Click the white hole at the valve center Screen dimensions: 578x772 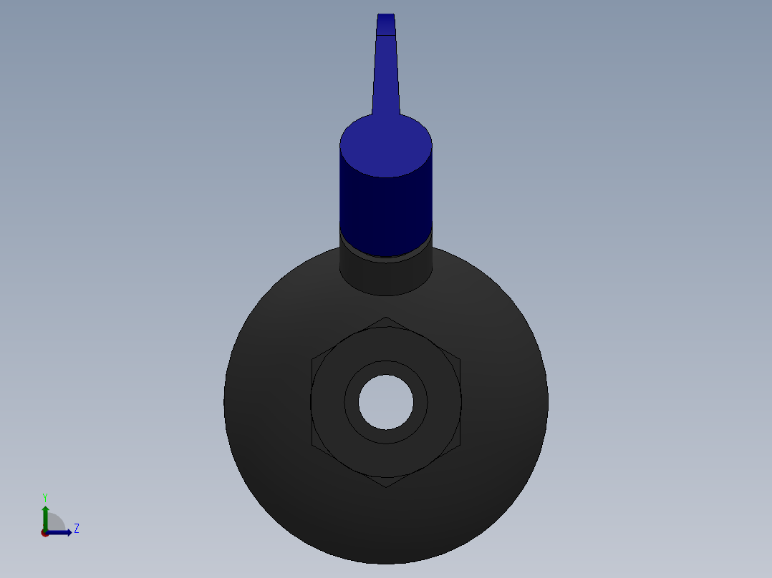coord(386,402)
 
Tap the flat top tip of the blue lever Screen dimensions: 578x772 coord(386,15)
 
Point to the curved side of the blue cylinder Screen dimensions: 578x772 coord(386,207)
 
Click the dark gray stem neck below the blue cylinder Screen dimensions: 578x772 coord(386,275)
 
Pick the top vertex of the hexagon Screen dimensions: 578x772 coord(386,317)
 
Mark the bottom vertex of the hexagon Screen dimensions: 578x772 coord(386,487)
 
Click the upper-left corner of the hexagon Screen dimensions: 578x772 coord(312,359)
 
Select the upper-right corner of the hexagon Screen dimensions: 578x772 coord(460,359)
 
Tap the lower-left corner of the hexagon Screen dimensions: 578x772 coord(312,445)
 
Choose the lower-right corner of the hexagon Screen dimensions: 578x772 coord(460,445)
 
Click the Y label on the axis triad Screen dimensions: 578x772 coord(45,497)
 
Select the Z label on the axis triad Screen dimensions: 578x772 coord(77,529)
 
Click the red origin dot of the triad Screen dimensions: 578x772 coord(45,533)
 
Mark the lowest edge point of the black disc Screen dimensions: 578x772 coord(386,563)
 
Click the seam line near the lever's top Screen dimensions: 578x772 coord(386,34)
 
